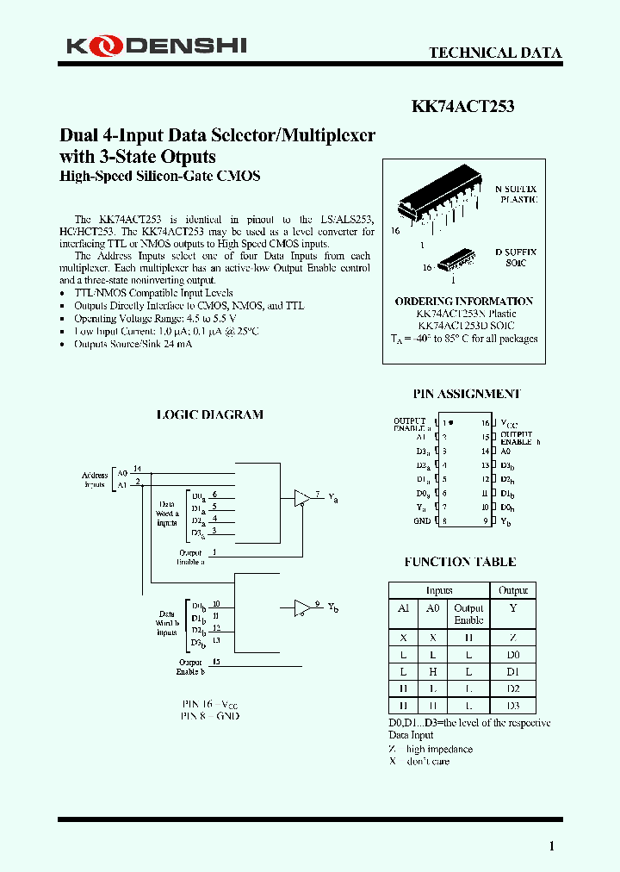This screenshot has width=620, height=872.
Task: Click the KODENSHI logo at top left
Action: pos(155,46)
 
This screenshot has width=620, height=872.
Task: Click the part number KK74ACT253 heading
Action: pos(462,107)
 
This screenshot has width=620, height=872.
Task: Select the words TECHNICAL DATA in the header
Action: pos(495,53)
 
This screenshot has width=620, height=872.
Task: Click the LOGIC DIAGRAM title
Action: pos(209,414)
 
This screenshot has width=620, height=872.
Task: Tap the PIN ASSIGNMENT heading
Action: pos(467,394)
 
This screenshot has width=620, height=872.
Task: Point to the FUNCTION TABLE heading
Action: pos(461,562)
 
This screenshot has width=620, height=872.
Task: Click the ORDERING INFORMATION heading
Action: pos(464,301)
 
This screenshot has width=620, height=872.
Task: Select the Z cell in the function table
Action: pos(513,638)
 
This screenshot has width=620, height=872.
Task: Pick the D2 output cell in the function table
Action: pos(513,688)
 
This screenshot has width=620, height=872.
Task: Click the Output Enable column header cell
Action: pos(468,614)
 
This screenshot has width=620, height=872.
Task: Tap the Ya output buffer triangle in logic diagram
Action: pos(302,499)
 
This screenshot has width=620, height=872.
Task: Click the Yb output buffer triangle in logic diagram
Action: pos(302,607)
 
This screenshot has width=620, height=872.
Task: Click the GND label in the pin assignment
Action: pos(422,520)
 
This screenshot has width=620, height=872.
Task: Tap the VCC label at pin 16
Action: pos(509,423)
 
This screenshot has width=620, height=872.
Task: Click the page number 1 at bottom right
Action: pos(552,846)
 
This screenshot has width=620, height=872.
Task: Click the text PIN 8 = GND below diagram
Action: pos(210,715)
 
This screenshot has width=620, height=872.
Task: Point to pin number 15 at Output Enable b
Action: pos(216,662)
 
